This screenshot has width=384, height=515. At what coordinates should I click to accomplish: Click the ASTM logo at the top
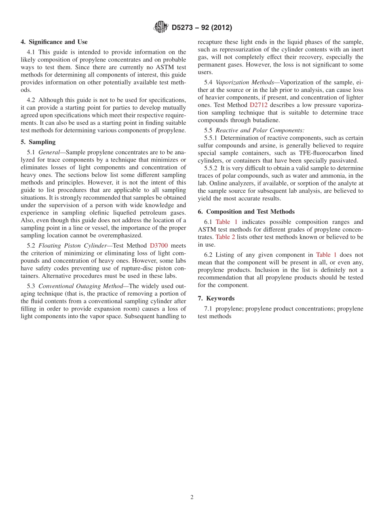[x=160, y=28]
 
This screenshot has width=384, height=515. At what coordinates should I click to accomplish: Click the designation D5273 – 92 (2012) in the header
[x=202, y=28]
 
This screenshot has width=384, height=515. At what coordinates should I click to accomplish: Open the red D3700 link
[x=159, y=245]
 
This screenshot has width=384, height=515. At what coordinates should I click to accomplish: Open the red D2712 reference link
[x=258, y=105]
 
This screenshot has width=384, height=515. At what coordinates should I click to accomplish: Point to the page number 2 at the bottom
[x=192, y=498]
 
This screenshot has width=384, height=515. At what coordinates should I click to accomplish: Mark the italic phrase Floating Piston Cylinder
[x=72, y=245]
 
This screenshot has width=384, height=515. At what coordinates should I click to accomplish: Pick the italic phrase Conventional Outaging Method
[x=80, y=286]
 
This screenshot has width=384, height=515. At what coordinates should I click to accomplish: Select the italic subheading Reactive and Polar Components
[x=260, y=130]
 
